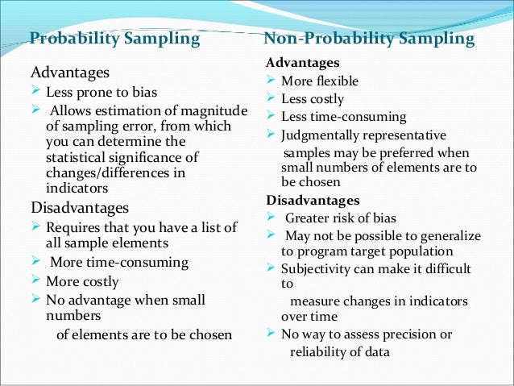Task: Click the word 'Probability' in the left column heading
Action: (69, 39)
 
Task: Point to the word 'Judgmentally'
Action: (320, 135)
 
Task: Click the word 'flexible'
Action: (338, 81)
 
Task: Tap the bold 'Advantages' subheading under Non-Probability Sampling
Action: (302, 63)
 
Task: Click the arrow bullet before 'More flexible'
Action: (271, 81)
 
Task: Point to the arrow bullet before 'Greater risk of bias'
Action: (271, 217)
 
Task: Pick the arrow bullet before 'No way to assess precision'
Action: (271, 334)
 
